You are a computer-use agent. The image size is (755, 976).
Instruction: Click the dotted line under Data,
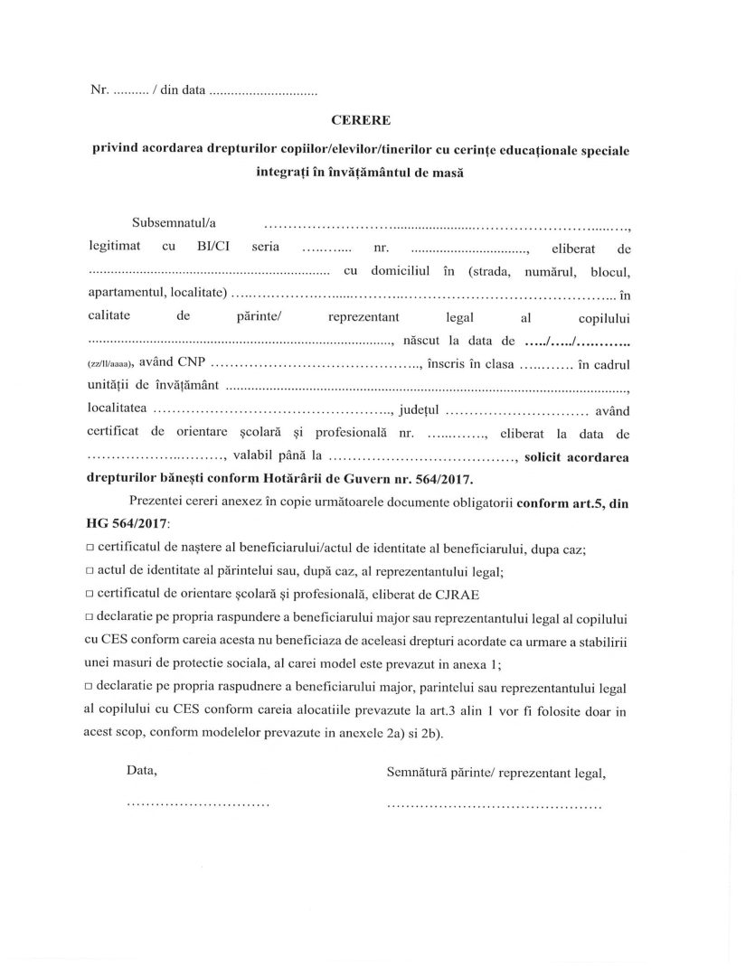point(198,802)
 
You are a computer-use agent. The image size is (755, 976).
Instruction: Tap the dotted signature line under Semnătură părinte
point(493,802)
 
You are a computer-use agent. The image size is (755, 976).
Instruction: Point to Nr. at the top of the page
point(99,90)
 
